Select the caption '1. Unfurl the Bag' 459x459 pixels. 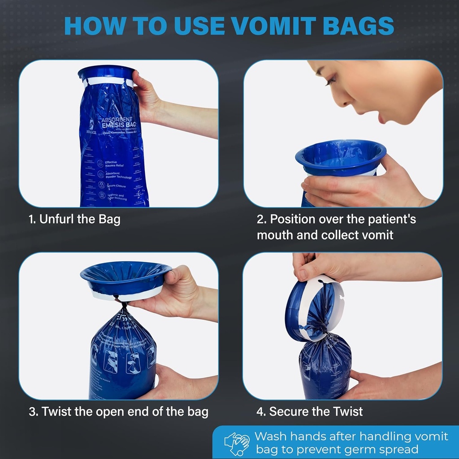pos(74,220)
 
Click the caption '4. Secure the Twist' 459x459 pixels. pos(309,411)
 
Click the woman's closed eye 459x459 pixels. pos(330,81)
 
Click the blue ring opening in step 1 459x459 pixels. pos(106,73)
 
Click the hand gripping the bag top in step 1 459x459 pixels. pos(148,96)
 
